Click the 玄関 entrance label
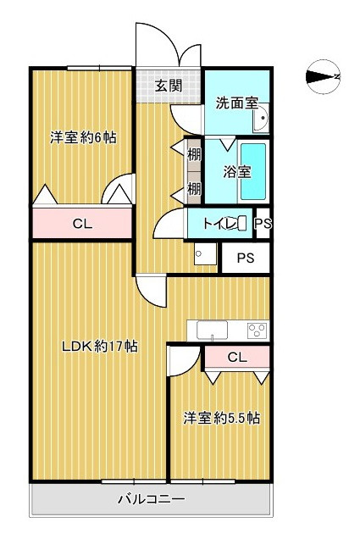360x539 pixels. (x=169, y=86)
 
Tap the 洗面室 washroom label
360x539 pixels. (x=236, y=103)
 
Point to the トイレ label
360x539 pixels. (x=219, y=224)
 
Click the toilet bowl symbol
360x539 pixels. (x=242, y=224)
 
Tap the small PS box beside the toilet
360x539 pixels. (x=263, y=224)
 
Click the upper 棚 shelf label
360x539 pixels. (x=194, y=154)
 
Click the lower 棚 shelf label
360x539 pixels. (x=194, y=187)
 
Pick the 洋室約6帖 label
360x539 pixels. (x=82, y=137)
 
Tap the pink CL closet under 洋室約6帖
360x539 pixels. (x=81, y=224)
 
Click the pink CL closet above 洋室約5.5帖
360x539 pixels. (x=238, y=358)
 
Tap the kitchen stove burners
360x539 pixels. (x=257, y=329)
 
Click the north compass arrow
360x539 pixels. (x=322, y=77)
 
